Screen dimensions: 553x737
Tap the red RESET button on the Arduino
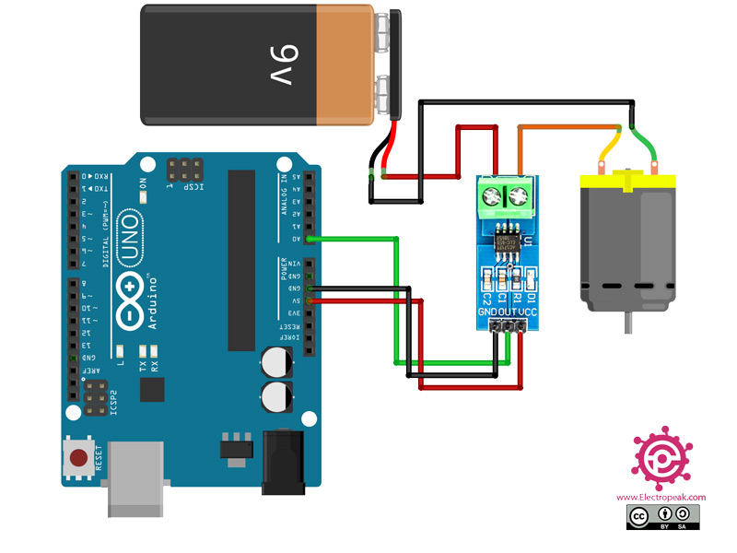pos(80,457)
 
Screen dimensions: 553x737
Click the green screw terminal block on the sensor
pos(506,196)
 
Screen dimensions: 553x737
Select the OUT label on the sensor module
pos(505,312)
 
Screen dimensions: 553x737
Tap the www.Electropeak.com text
pos(661,495)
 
